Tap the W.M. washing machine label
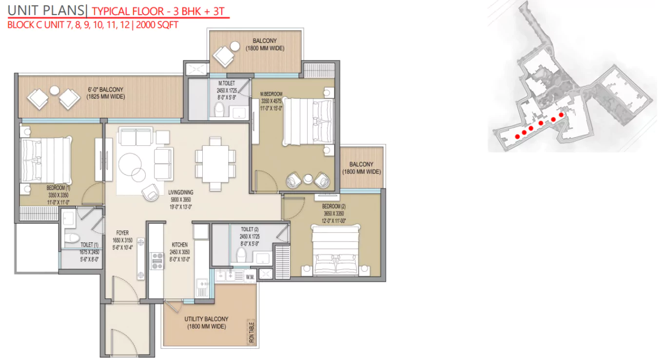pyautogui.click(x=250, y=277)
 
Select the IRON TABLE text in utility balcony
pyautogui.click(x=252, y=332)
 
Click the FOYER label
pyautogui.click(x=122, y=233)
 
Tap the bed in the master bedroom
pyautogui.click(x=308, y=121)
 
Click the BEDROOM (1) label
pyautogui.click(x=58, y=188)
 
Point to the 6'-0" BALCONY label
pyautogui.click(x=105, y=89)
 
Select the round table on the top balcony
pyautogui.click(x=235, y=46)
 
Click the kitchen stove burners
pyautogui.click(x=157, y=260)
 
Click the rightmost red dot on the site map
pyautogui.click(x=561, y=115)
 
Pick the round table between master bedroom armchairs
pyautogui.click(x=308, y=179)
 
